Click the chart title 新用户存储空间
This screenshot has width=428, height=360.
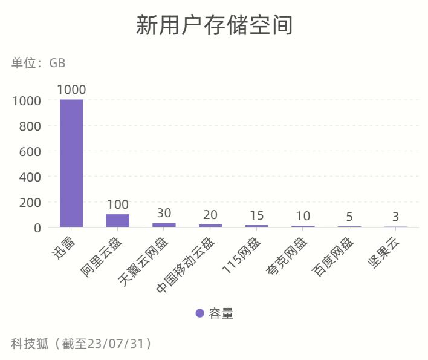pyautogui.click(x=214, y=26)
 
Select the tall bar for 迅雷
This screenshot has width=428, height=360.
pyautogui.click(x=71, y=163)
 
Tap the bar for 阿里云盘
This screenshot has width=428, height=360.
pyautogui.click(x=118, y=220)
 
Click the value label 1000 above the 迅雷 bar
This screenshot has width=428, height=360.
pyautogui.click(x=71, y=90)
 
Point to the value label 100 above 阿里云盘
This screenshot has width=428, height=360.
pyautogui.click(x=118, y=205)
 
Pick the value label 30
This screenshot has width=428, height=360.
pyautogui.click(x=164, y=213)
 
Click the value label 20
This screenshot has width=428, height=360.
pyautogui.click(x=210, y=215)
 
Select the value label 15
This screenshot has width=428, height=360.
pyautogui.click(x=256, y=215)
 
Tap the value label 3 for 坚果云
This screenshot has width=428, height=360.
pyautogui.click(x=395, y=217)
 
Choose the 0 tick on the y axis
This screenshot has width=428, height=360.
pyautogui.click(x=37, y=228)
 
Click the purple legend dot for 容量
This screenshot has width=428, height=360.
pyautogui.click(x=200, y=313)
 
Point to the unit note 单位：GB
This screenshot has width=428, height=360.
pyautogui.click(x=38, y=63)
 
